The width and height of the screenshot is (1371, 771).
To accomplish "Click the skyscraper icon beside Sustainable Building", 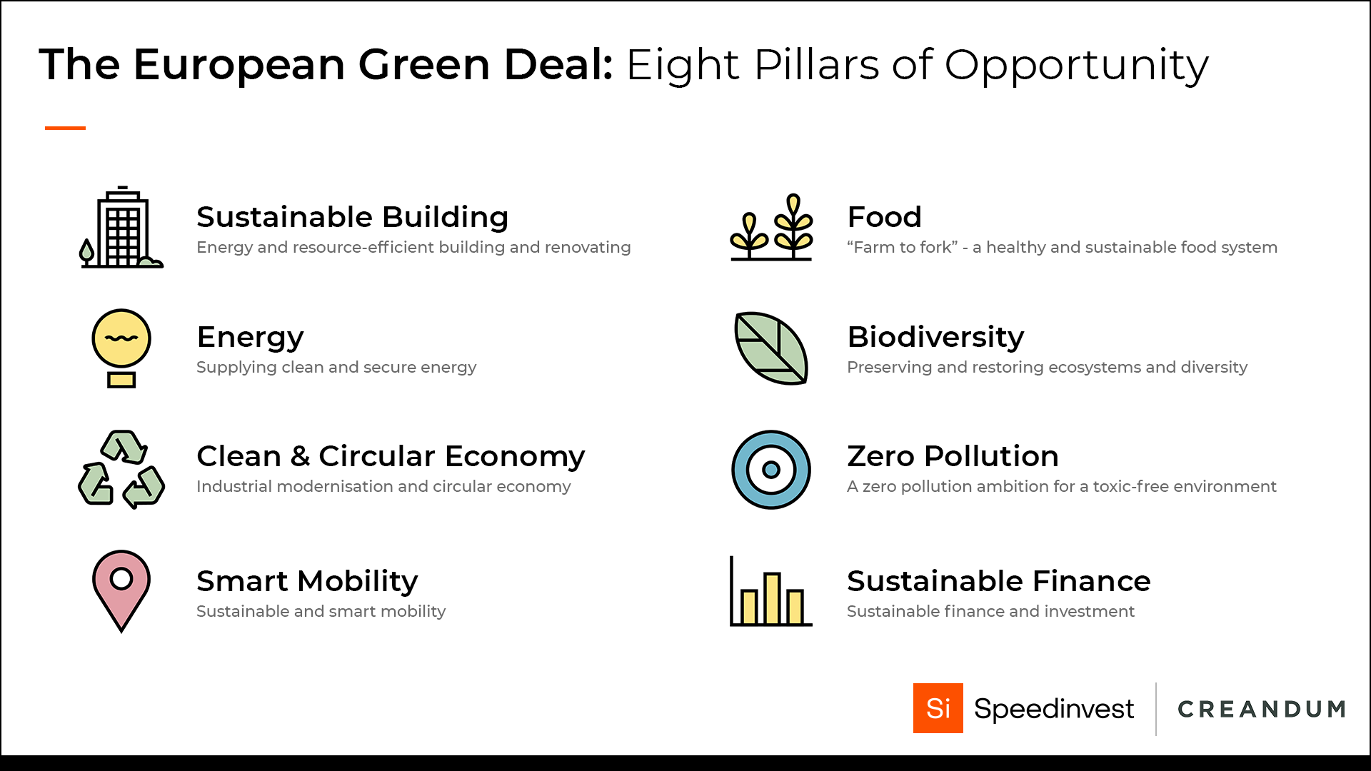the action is (121, 227).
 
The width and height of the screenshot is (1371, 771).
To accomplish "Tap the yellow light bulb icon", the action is (121, 348).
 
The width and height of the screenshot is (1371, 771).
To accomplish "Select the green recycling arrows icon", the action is (121, 469).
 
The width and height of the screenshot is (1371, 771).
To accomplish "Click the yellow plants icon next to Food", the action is (771, 227).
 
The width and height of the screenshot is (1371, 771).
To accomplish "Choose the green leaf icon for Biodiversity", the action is (771, 348).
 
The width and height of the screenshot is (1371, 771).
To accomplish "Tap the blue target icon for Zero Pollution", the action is (771, 470).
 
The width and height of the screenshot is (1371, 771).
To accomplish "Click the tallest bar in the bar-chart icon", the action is (771, 598).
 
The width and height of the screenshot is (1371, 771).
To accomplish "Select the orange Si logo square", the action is (938, 708).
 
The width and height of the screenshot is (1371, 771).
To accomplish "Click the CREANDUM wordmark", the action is (1262, 709).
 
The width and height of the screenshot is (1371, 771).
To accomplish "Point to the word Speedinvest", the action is (1054, 709).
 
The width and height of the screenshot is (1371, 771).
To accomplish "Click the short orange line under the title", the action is (65, 128).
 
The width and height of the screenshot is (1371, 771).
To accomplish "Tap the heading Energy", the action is (250, 338).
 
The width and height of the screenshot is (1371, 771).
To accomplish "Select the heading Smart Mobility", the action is (307, 582).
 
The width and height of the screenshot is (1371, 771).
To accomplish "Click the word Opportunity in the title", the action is (1077, 66).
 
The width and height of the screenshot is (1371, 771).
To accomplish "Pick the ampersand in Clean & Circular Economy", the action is (300, 456).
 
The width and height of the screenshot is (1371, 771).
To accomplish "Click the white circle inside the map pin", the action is (121, 578).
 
